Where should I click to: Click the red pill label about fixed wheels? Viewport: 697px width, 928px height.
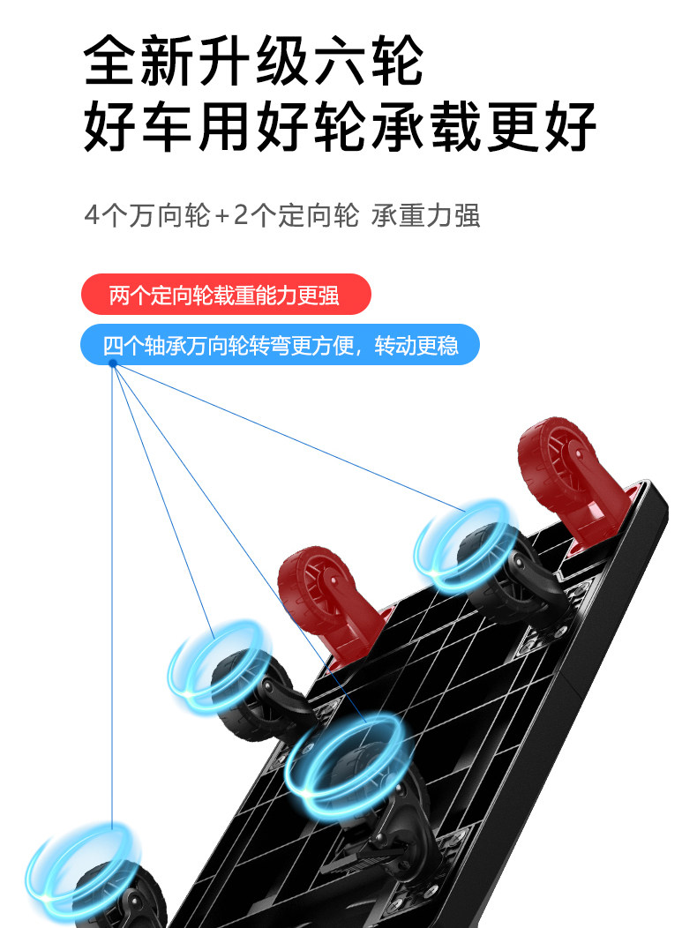click(x=225, y=295)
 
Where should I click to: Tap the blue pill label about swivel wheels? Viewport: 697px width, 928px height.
click(x=280, y=344)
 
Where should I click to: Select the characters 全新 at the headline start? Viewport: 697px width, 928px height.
click(x=140, y=62)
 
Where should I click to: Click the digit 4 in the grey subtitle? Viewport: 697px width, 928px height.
click(x=93, y=216)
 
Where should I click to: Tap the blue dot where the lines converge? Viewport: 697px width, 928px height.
click(x=113, y=363)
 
